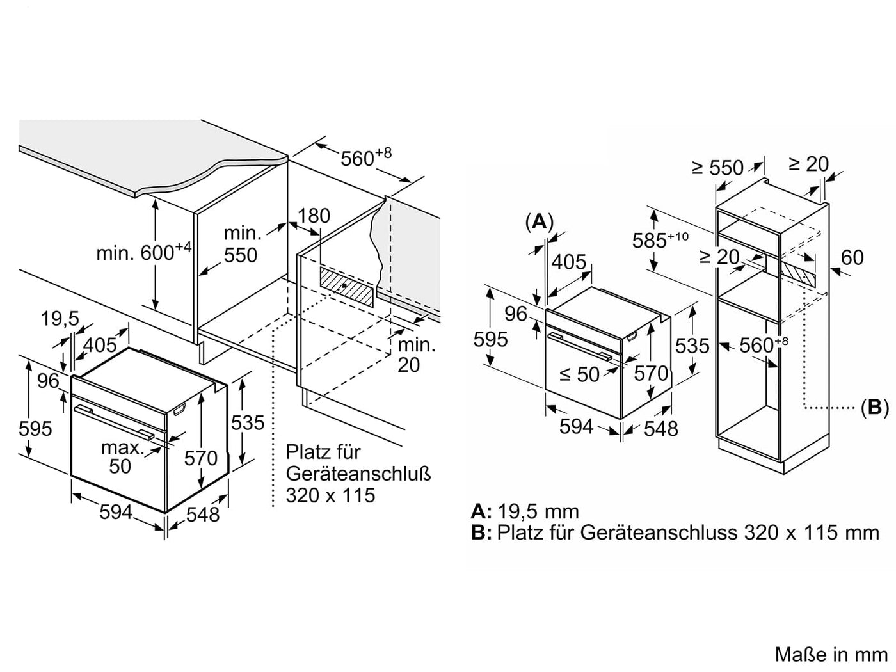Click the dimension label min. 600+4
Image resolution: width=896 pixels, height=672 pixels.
(144, 252)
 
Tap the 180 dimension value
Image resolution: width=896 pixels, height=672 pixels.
(314, 216)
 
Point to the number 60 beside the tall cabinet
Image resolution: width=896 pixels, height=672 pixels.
(852, 257)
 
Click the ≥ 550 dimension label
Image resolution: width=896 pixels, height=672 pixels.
(718, 167)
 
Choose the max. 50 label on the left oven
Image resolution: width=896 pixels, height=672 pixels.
(121, 457)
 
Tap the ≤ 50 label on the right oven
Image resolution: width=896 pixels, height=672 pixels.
(579, 374)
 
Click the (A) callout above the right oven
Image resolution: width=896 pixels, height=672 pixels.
(540, 222)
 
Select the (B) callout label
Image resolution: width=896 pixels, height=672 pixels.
(875, 407)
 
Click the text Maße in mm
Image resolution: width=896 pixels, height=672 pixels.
(831, 655)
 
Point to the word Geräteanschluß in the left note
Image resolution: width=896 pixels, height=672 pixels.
(358, 474)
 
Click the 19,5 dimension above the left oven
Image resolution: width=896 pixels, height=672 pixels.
(60, 319)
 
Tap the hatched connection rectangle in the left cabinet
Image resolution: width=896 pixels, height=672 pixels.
(346, 287)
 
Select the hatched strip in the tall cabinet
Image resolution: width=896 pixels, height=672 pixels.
(799, 273)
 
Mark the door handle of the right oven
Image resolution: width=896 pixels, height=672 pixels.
(580, 346)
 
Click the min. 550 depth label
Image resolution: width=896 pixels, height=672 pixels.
(241, 244)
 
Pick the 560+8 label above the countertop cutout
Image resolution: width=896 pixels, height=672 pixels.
(365, 157)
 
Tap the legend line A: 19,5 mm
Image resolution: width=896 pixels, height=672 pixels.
(525, 511)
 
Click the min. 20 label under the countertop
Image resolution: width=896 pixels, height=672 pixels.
(416, 355)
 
